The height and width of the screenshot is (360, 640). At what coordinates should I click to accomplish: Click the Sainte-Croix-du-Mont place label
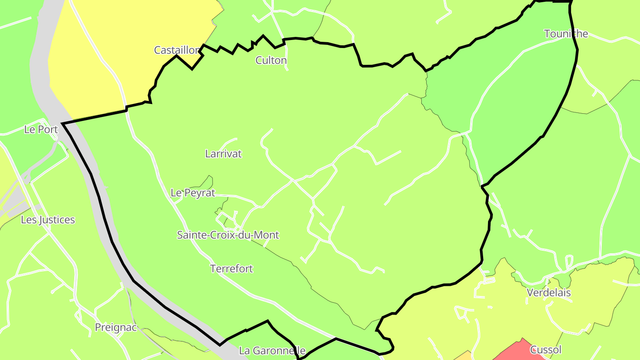[228, 235]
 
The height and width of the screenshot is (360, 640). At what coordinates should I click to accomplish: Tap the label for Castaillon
[176, 50]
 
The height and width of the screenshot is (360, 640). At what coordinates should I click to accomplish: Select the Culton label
[271, 60]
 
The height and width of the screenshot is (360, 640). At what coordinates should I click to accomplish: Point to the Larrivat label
[224, 154]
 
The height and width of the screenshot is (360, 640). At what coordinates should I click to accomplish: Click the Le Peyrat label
[193, 193]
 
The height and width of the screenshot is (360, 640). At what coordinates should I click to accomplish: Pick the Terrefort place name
[232, 269]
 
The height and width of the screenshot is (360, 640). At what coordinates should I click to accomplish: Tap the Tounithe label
[566, 34]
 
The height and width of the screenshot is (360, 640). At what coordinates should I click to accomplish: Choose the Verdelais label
[548, 293]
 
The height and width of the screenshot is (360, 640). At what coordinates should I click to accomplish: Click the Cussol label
[546, 350]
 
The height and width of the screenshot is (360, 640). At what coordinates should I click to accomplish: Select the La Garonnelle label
[272, 351]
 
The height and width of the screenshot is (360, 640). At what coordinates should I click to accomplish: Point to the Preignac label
[116, 328]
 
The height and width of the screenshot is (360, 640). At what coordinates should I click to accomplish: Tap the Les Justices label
[48, 220]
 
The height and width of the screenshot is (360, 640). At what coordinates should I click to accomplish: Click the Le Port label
[41, 130]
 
